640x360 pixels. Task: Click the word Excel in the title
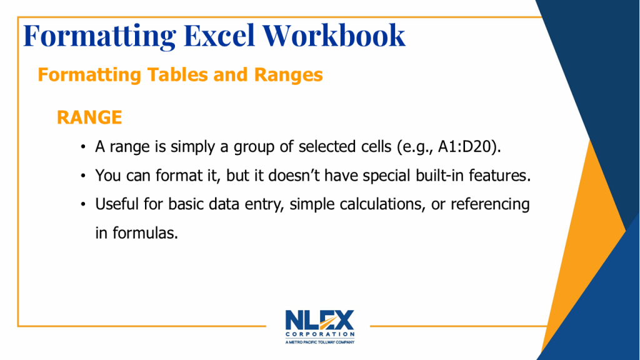pyautogui.click(x=219, y=36)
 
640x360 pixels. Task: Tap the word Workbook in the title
pyautogui.click(x=334, y=36)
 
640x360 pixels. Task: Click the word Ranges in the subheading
pyautogui.click(x=288, y=76)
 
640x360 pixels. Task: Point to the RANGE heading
pyautogui.click(x=89, y=117)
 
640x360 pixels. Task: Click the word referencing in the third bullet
pyautogui.click(x=490, y=204)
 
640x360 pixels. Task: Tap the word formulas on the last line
pyautogui.click(x=145, y=233)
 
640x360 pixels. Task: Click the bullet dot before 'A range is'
pyautogui.click(x=83, y=147)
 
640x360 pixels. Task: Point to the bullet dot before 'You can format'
pyautogui.click(x=83, y=176)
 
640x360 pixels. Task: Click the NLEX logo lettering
pyautogui.click(x=319, y=320)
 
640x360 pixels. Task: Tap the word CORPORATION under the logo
pyautogui.click(x=319, y=334)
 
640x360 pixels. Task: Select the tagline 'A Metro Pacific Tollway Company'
pyautogui.click(x=319, y=342)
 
